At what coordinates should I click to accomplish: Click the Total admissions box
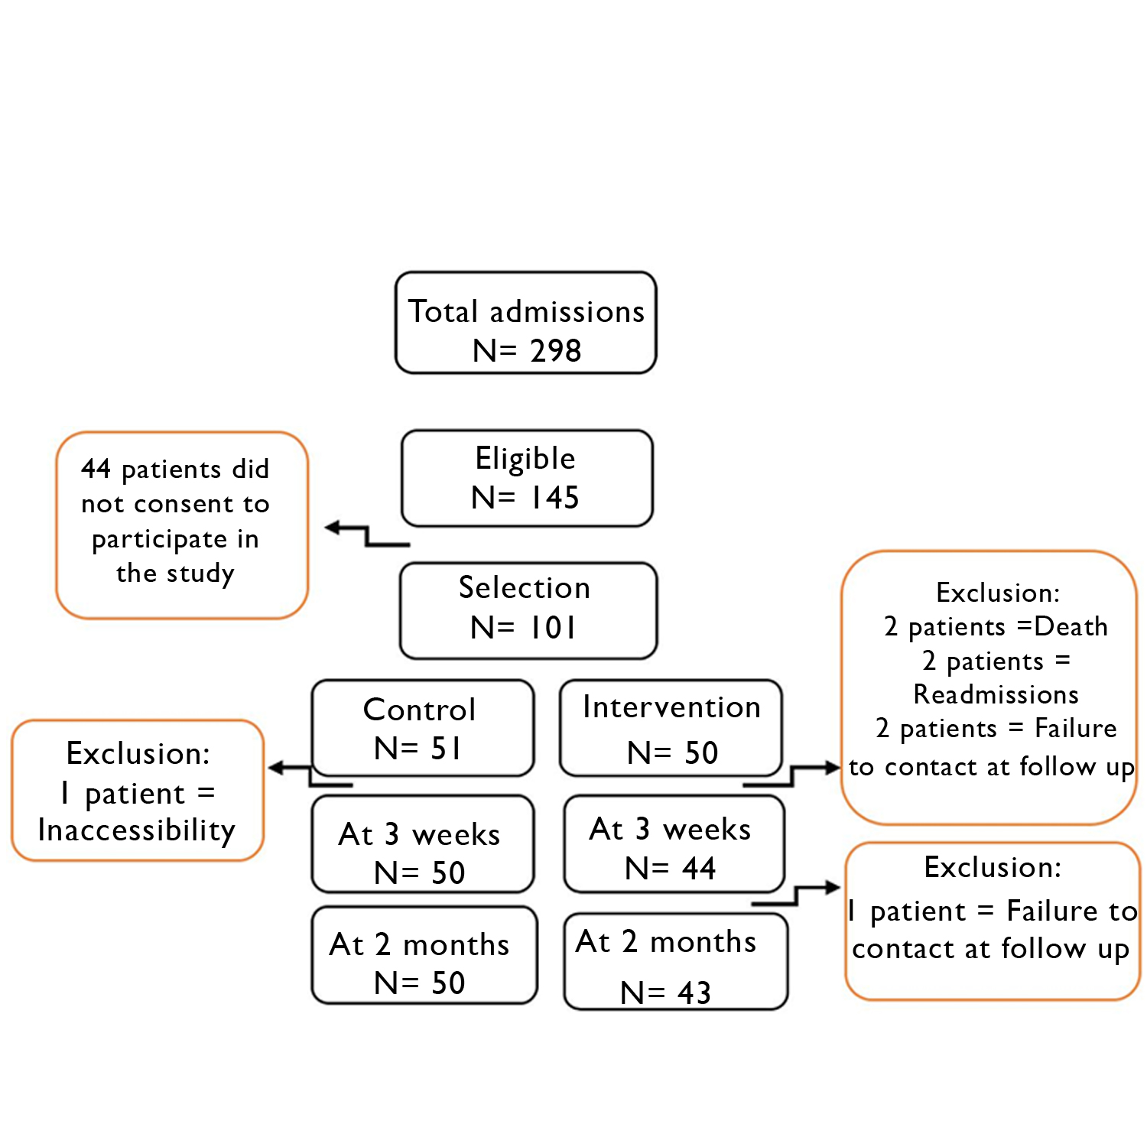[x=525, y=323]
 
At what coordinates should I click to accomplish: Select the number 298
[x=556, y=351]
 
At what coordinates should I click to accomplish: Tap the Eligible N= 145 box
[x=527, y=479]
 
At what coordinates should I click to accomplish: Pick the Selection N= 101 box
[x=528, y=610]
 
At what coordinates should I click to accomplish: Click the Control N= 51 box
[x=422, y=728]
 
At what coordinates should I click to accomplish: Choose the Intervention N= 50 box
[x=671, y=728]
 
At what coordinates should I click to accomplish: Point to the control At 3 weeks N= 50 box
[x=422, y=844]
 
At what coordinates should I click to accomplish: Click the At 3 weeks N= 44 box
[x=673, y=844]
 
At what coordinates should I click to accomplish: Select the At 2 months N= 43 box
[x=674, y=962]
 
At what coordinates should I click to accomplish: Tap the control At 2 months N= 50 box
[x=424, y=956]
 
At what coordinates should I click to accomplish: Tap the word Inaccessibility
[x=137, y=830]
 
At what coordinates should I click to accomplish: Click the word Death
[x=1071, y=626]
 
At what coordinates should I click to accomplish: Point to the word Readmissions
[x=996, y=694]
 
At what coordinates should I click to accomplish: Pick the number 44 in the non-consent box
[x=96, y=469]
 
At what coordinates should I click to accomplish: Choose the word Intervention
[x=671, y=707]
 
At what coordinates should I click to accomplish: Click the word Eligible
[x=525, y=458]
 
